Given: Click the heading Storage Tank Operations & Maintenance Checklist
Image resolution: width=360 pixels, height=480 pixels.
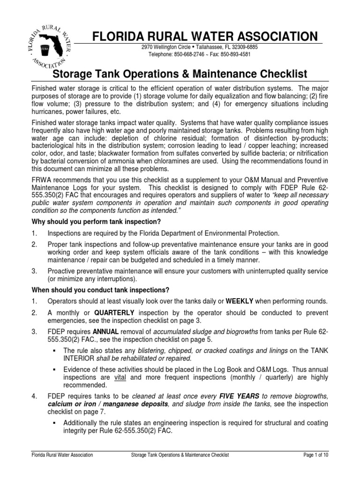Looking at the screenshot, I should pyautogui.click(x=180, y=74).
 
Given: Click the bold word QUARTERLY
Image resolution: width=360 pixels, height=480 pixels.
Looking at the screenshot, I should pyautogui.click(x=114, y=312).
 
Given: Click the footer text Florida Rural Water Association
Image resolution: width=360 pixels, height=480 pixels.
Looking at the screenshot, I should pyautogui.click(x=61, y=468).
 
